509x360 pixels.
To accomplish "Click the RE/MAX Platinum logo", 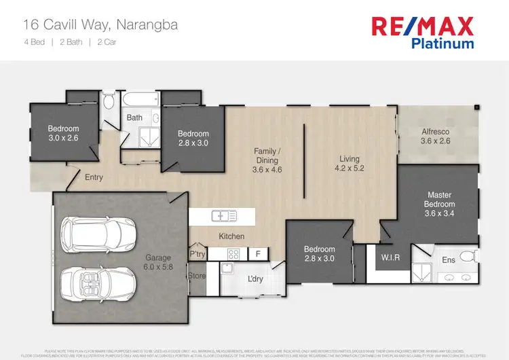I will coord(421,32).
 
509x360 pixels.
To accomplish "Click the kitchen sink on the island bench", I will coord(223,217).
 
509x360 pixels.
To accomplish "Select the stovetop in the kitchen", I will coord(232,255).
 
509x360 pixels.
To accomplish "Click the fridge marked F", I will coord(257,254).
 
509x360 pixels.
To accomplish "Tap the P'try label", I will coord(197,254).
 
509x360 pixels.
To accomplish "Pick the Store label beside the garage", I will coord(197,276).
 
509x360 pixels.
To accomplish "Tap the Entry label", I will coord(95,177).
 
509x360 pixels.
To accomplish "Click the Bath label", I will coord(134,118).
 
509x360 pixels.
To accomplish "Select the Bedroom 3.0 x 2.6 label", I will coord(63,133).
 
